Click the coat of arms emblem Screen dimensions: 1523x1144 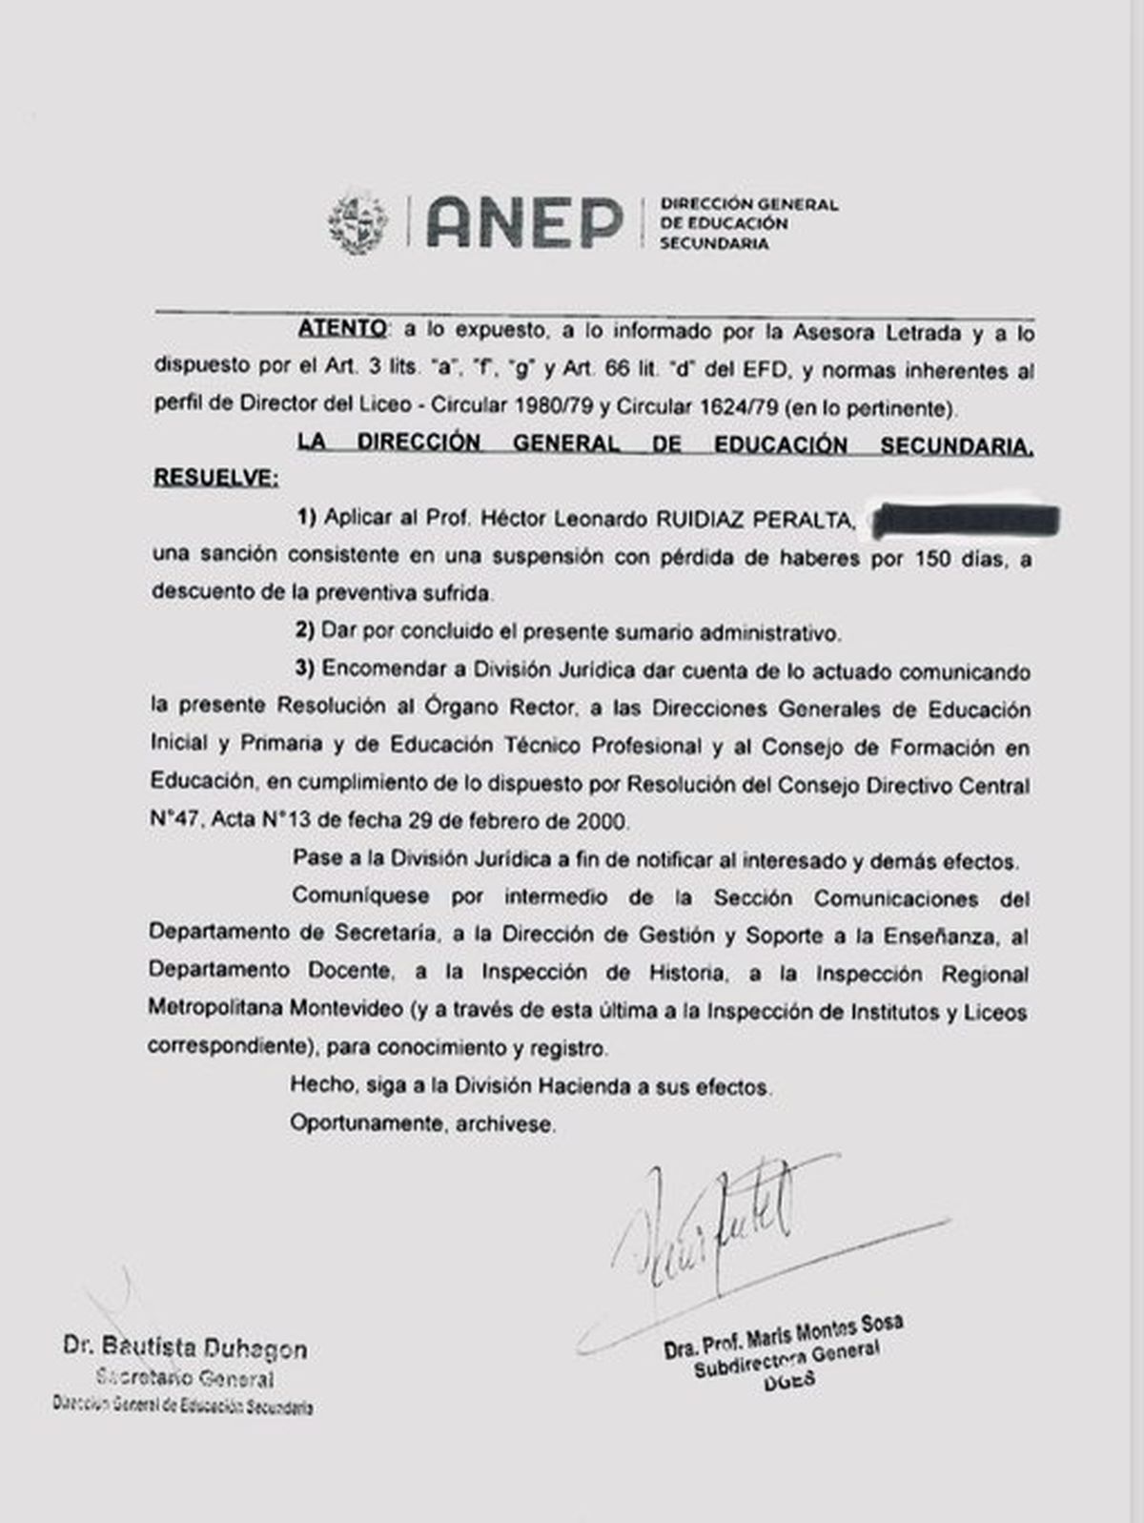point(359,223)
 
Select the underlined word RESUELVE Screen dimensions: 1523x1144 point(215,478)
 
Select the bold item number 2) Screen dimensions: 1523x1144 point(304,631)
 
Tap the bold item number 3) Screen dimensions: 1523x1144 point(304,669)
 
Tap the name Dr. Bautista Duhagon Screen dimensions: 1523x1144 point(186,1348)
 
